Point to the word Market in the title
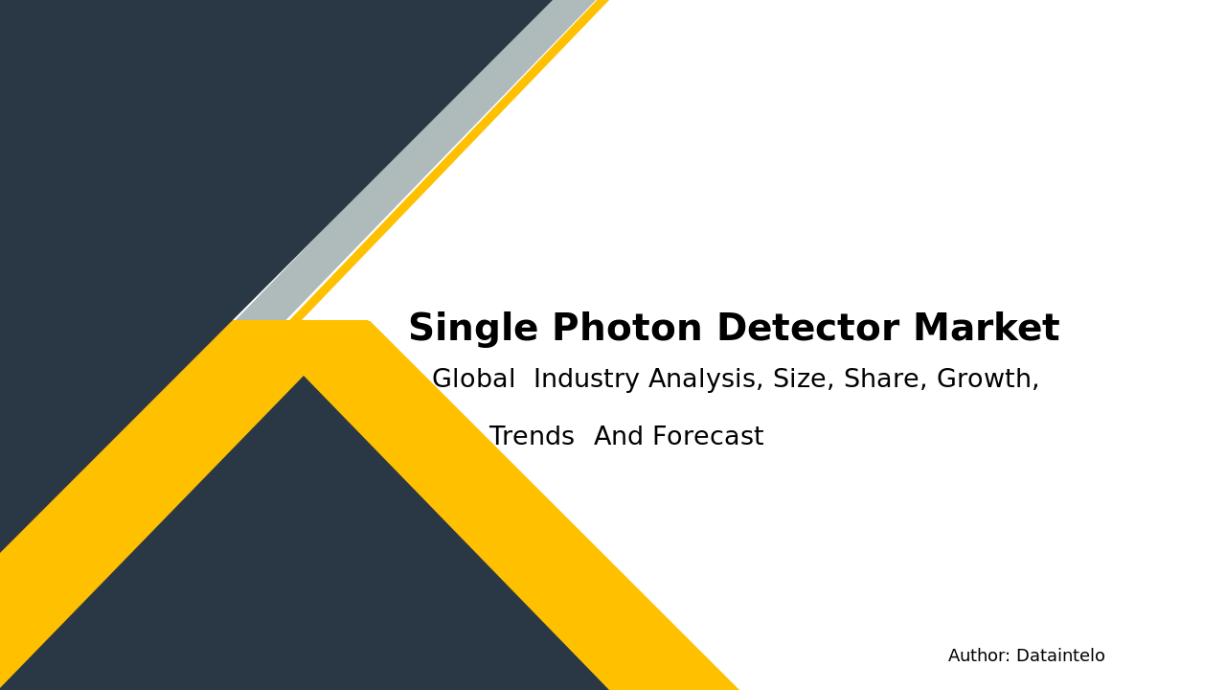(986, 330)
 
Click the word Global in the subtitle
(473, 380)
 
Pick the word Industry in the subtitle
(587, 380)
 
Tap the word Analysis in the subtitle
(706, 380)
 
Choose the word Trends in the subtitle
(532, 438)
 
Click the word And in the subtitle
(619, 438)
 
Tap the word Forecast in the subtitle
(708, 438)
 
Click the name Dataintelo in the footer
(1060, 656)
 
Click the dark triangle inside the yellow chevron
(305, 556)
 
